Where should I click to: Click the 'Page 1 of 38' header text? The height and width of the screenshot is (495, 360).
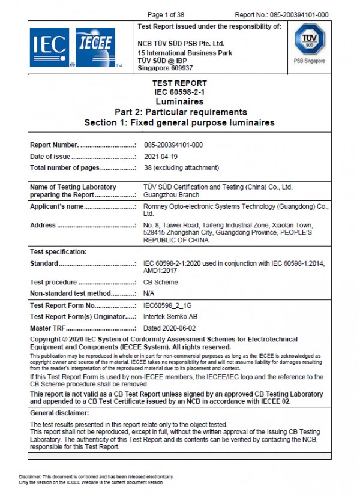(x=166, y=14)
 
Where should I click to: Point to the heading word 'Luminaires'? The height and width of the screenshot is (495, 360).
(x=180, y=102)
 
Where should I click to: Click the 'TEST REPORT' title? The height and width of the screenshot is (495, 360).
(x=180, y=83)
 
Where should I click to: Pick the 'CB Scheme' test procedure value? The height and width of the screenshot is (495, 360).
(x=161, y=282)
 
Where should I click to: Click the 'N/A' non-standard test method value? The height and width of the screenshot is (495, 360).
(x=149, y=293)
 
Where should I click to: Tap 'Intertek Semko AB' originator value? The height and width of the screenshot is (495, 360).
(x=171, y=316)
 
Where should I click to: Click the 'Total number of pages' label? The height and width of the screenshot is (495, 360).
(x=65, y=168)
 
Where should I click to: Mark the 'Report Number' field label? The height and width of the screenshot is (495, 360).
(x=55, y=145)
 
